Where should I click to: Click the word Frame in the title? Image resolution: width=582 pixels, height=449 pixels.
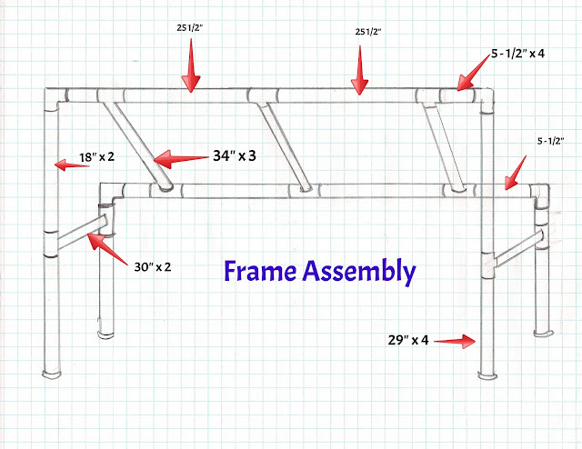260,271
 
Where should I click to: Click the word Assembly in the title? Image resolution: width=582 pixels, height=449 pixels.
359,273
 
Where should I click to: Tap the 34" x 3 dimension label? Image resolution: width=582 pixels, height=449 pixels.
235,155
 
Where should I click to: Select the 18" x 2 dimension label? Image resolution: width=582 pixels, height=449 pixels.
97,157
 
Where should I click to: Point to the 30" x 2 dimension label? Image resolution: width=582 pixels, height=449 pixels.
153,267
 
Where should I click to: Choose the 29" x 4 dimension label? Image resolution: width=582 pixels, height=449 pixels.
408,340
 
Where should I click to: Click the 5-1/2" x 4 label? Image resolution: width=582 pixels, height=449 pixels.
517,54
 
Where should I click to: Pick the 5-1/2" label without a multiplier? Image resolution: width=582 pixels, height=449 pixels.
551,141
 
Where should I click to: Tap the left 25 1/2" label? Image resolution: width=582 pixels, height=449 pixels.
190,28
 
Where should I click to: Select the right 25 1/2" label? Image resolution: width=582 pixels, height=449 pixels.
368,32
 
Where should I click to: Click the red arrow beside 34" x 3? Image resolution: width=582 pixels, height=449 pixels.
181,159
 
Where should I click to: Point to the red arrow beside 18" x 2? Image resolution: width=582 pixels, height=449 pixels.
72,165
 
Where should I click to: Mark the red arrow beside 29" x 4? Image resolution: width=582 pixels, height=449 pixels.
455,341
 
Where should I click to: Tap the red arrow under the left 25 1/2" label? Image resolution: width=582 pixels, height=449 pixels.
191,65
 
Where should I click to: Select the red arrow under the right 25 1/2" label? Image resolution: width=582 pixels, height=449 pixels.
360,70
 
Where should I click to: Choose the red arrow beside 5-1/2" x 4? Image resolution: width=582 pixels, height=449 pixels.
473,73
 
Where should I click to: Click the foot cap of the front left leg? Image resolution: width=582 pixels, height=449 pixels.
52,374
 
